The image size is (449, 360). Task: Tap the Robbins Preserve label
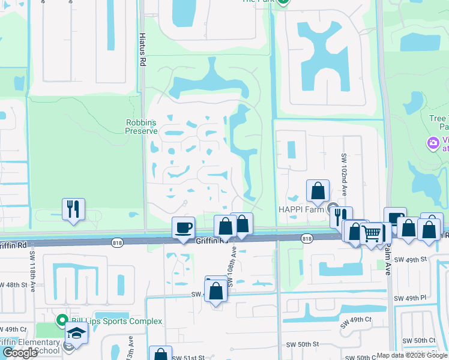[141, 127]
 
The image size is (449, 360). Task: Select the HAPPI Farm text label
[300, 209]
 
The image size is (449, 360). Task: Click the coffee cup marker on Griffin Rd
[184, 228]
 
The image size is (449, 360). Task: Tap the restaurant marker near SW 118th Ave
[73, 210]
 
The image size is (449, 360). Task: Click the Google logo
[20, 353]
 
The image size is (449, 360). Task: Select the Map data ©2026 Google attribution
[412, 355]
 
